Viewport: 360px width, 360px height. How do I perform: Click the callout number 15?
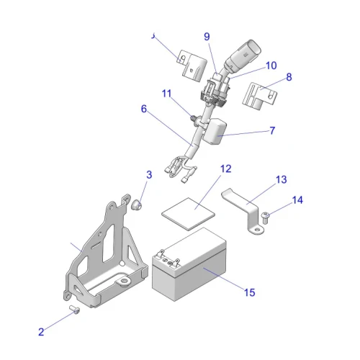(x=249, y=292)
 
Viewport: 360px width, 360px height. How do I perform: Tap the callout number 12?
(x=225, y=169)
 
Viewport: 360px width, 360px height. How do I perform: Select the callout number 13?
(x=281, y=179)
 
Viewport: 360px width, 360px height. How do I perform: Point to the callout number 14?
(x=297, y=199)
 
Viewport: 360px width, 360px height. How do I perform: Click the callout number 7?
(x=272, y=131)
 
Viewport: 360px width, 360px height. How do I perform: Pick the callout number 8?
(x=289, y=77)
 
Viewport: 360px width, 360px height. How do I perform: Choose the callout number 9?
(x=207, y=37)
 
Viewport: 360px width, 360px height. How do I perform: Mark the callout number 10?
(x=271, y=65)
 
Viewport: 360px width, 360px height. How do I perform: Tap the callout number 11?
(x=166, y=94)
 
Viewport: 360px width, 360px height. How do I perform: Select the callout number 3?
(x=149, y=174)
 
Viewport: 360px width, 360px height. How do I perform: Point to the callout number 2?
(x=41, y=332)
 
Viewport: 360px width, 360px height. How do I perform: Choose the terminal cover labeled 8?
(x=261, y=96)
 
